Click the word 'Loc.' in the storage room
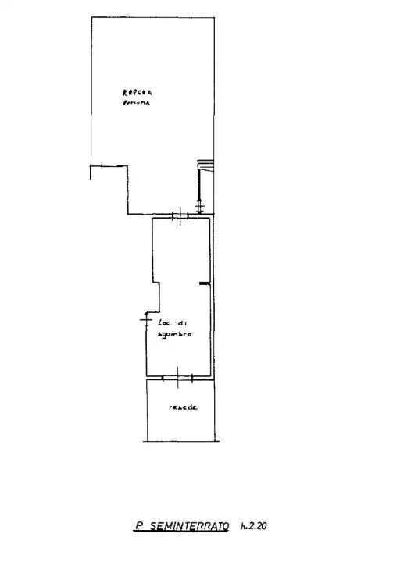click(x=165, y=322)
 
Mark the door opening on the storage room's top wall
click(x=180, y=216)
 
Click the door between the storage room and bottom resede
click(x=178, y=379)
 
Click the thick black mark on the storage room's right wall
click(x=204, y=283)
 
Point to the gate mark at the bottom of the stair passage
click(x=201, y=208)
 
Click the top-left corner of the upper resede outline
click(x=92, y=18)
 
